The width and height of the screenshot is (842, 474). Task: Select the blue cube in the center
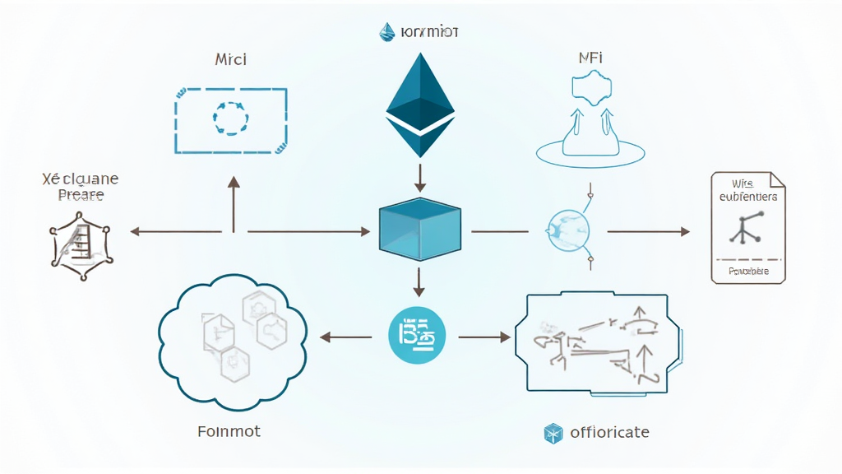tap(419, 230)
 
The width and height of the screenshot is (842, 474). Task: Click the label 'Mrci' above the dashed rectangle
tap(231, 59)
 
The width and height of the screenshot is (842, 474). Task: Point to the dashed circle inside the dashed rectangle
tap(230, 118)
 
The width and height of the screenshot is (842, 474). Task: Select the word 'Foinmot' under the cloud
tap(230, 430)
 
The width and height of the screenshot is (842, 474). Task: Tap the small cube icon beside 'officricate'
tap(553, 432)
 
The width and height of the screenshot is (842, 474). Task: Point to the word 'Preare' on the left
tap(81, 195)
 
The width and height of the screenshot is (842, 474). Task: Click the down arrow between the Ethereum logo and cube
tap(420, 176)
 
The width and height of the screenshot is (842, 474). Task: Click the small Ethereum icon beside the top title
tap(387, 32)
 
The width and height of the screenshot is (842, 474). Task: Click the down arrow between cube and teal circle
tap(419, 281)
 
